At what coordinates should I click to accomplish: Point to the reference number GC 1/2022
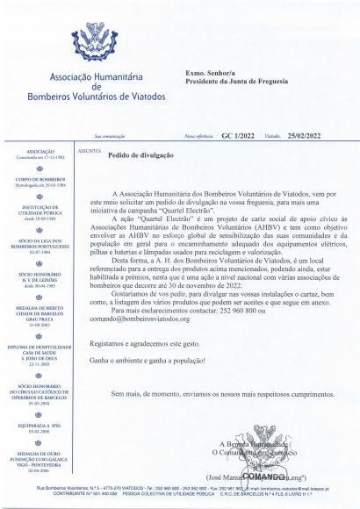[x=238, y=137]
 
